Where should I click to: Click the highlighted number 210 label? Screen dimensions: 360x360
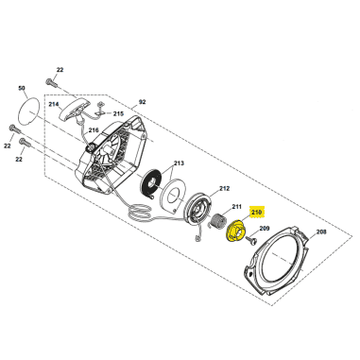click(x=257, y=213)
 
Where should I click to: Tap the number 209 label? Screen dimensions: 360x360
click(x=266, y=228)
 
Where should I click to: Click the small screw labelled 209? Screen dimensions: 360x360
click(x=252, y=240)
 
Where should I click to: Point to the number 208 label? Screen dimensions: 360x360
click(x=321, y=232)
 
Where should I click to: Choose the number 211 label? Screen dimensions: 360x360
click(x=236, y=207)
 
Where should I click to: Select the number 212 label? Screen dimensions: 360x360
click(x=224, y=189)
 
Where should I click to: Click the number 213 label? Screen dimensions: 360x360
click(x=179, y=163)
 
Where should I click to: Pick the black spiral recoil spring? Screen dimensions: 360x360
click(x=151, y=183)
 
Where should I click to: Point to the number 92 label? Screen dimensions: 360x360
click(x=143, y=102)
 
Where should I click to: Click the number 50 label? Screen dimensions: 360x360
click(x=22, y=88)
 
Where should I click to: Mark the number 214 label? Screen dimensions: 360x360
click(x=54, y=104)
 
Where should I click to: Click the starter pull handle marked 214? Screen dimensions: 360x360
click(x=75, y=110)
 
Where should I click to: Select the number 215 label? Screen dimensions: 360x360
click(x=118, y=113)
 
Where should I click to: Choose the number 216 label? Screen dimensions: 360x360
click(x=94, y=129)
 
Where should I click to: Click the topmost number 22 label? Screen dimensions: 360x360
click(x=60, y=70)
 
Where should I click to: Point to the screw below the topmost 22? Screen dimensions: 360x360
click(x=51, y=82)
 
